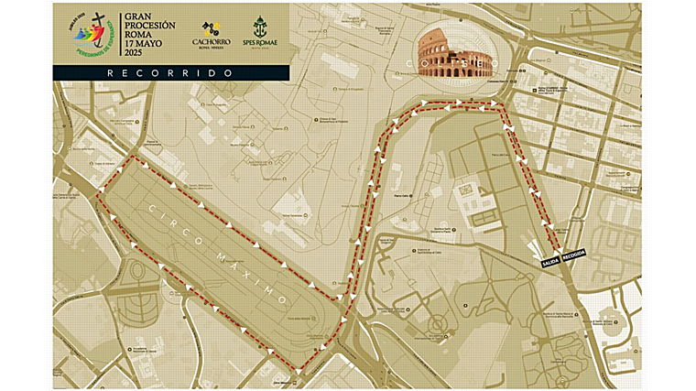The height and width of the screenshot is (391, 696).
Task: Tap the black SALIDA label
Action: pyautogui.click(x=549, y=259)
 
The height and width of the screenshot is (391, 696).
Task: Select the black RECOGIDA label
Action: pyautogui.click(x=573, y=253)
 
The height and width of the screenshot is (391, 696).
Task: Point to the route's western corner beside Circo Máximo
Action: pyautogui.click(x=98, y=196)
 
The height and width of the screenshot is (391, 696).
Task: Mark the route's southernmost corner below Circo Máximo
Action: pyautogui.click(x=299, y=372)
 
